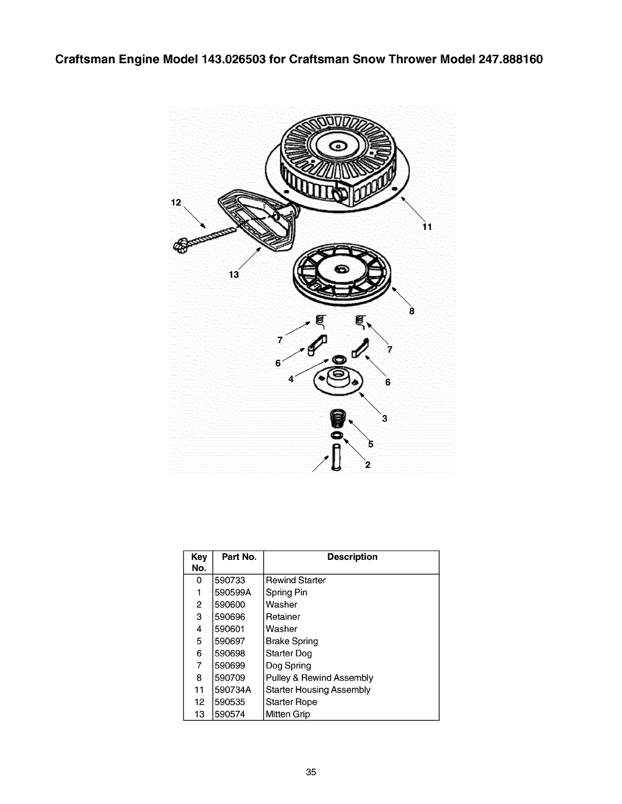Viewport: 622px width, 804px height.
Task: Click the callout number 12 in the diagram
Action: pos(175,203)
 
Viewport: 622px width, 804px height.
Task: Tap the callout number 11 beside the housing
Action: pos(427,227)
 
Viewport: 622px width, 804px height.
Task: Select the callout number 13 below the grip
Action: pos(234,275)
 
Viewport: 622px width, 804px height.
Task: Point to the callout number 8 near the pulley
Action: pos(412,311)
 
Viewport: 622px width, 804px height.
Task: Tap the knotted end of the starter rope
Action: pos(181,245)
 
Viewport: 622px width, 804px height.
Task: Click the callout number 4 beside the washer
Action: pos(291,379)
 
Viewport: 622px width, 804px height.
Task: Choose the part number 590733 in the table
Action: pos(230,580)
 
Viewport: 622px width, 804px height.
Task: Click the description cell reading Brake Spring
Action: pos(292,641)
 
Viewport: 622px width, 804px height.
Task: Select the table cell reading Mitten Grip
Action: pos(288,714)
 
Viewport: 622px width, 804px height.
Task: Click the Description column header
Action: pos(352,557)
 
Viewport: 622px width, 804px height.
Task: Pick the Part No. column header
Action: pos(239,557)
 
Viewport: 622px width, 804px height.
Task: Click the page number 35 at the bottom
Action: pos(311,773)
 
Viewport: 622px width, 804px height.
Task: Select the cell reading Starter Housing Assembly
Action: pos(318,690)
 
